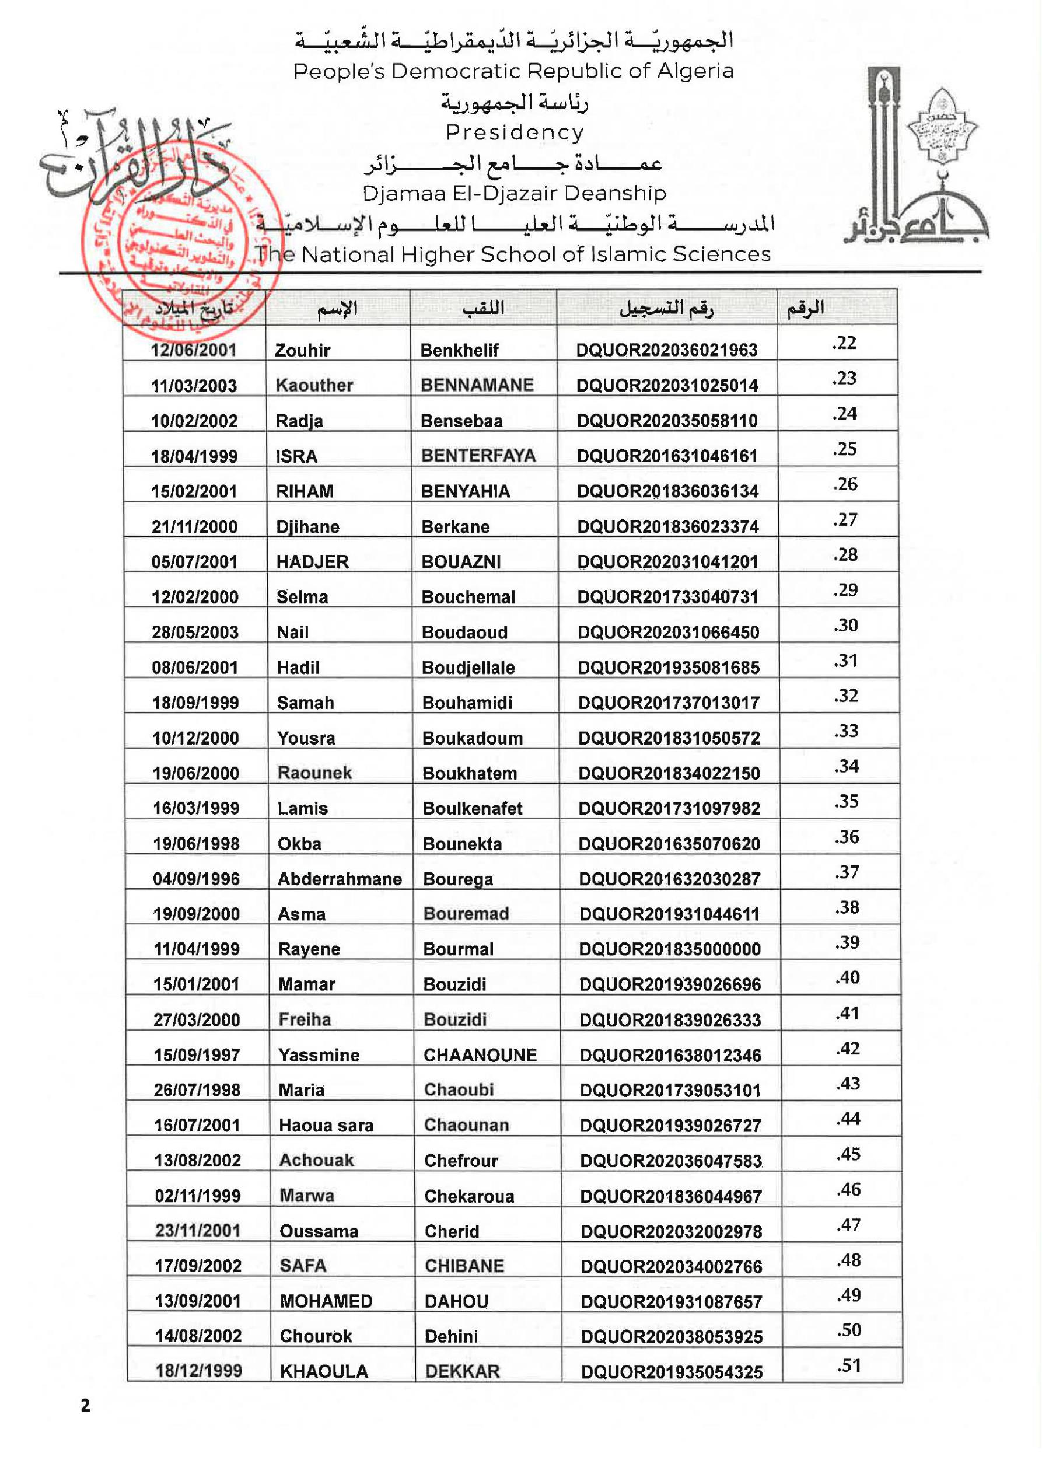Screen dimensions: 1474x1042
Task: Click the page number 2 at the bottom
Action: [x=85, y=1406]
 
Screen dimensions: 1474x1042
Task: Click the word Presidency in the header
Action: [x=514, y=132]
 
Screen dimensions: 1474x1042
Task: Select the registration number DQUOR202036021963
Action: [x=666, y=350]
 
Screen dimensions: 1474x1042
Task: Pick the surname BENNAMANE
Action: [x=477, y=385]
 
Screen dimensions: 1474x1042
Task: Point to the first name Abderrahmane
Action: [x=340, y=879]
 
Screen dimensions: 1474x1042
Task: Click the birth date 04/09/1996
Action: [x=196, y=879]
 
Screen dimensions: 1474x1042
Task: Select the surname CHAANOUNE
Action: [x=480, y=1055]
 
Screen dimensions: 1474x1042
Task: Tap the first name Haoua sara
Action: [x=326, y=1126]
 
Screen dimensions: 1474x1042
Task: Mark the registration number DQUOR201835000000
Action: [x=670, y=949]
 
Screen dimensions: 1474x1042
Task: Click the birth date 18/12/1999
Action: [x=198, y=1371]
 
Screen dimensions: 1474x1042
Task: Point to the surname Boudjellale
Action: [x=468, y=668]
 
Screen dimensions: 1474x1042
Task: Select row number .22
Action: [x=844, y=343]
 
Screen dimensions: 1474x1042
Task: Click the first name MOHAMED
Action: [x=326, y=1301]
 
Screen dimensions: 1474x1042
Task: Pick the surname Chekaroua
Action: [x=468, y=1196]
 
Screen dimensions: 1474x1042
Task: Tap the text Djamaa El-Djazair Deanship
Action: [x=514, y=193]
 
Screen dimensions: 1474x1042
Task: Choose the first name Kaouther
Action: [x=314, y=385]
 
